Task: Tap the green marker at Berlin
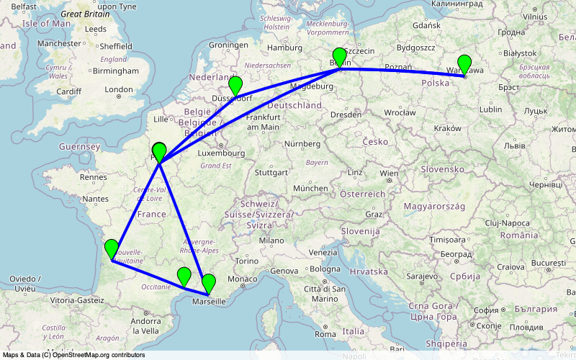340,57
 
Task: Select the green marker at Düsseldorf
235,86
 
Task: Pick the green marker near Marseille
209,283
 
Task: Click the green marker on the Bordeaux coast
111,248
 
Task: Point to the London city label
119,90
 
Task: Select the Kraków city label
447,127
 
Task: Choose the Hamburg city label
284,48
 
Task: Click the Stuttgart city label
271,173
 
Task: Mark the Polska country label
435,83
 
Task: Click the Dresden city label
346,114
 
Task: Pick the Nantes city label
95,198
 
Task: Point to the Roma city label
325,334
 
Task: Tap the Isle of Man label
47,24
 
